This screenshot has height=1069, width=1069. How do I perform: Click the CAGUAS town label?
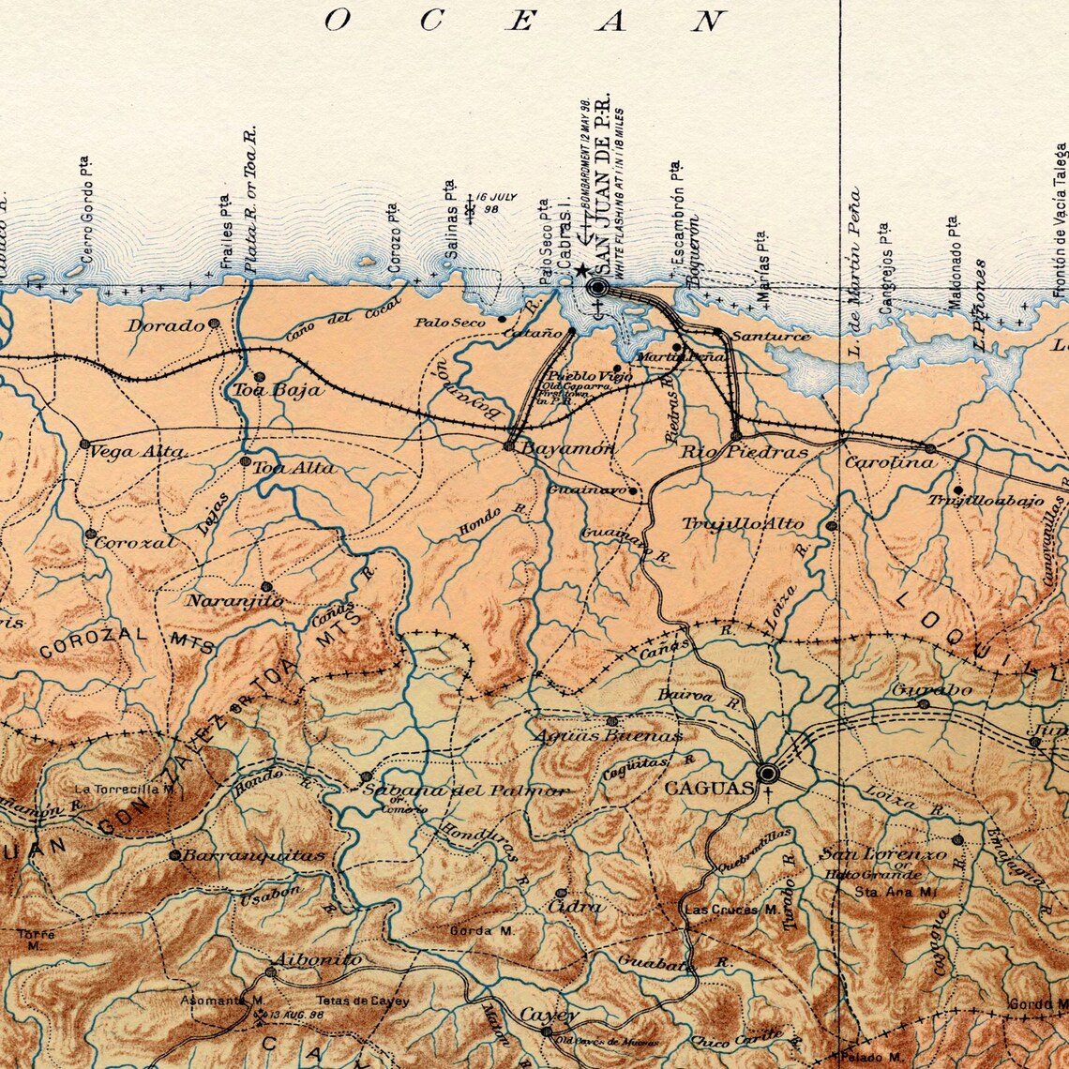(708, 788)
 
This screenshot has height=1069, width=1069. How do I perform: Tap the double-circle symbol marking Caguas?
(768, 773)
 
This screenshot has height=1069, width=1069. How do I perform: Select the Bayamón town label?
(567, 449)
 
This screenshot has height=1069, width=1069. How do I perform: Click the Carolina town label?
(890, 462)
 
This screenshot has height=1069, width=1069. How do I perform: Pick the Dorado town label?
(166, 325)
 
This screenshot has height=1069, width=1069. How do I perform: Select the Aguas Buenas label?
(607, 736)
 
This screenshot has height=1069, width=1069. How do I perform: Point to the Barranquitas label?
(253, 855)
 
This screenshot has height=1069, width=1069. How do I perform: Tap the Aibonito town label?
(316, 959)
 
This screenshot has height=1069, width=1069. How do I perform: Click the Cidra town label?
(579, 907)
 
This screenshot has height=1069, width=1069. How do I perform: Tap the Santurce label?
(771, 336)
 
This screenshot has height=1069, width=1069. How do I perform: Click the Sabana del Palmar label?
(465, 790)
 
